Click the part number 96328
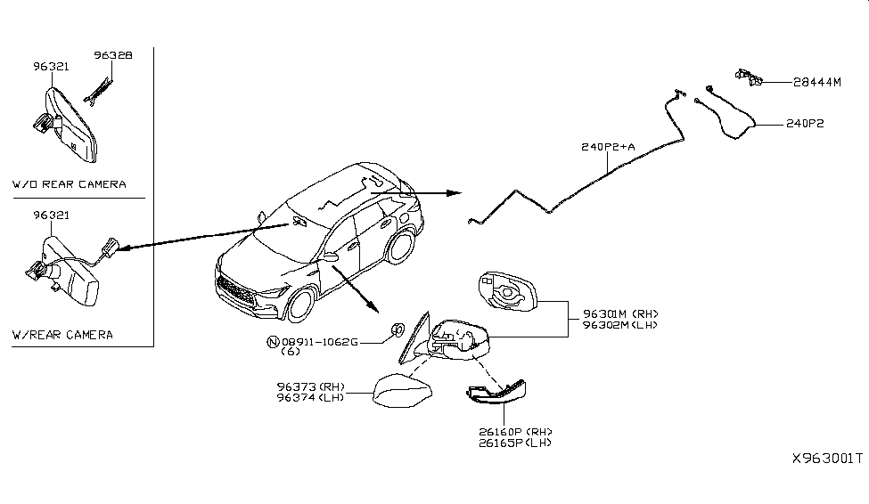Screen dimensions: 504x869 coord(113,55)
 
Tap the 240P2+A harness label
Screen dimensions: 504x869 coord(609,145)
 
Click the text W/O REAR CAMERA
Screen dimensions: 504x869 coord(69,184)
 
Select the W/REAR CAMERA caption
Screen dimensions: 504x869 coord(62,335)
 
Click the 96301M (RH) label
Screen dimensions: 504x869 coord(619,313)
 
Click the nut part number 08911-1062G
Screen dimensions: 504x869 coord(319,341)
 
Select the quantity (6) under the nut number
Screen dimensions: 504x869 coord(291,352)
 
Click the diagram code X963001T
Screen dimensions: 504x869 coord(827,459)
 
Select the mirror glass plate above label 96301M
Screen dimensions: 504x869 coord(506,289)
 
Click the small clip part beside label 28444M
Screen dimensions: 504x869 coord(748,77)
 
